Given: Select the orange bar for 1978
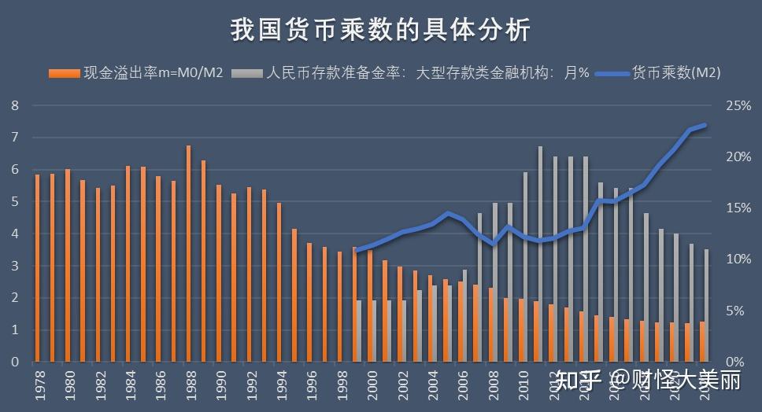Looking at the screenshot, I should tap(37, 268).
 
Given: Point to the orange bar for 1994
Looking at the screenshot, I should tap(279, 282).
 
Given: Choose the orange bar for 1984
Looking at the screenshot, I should tap(128, 264).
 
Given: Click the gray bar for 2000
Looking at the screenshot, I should tap(375, 331).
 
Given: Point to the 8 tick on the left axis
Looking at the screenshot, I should tap(14, 105).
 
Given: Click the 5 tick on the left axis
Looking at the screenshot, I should tap(14, 202).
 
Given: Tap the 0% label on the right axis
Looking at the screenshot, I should tap(734, 362).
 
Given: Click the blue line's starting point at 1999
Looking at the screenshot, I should tap(356, 251).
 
